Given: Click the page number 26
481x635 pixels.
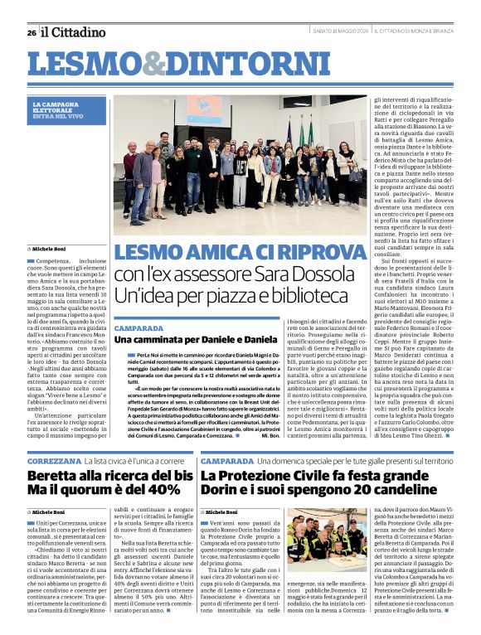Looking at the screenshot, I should (x=32, y=32).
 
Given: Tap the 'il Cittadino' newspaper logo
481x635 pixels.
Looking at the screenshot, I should (x=74, y=32).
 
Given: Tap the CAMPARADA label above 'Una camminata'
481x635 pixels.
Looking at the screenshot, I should (x=139, y=328).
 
